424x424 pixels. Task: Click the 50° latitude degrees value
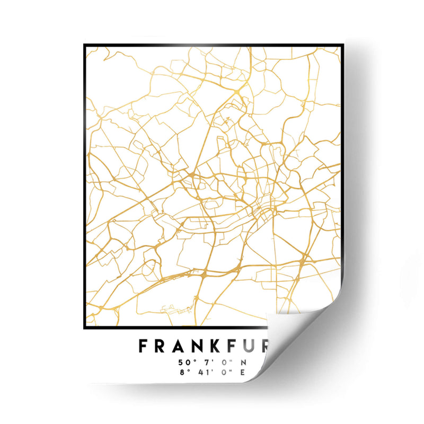tap(184, 363)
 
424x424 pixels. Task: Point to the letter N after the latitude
tap(244, 363)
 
